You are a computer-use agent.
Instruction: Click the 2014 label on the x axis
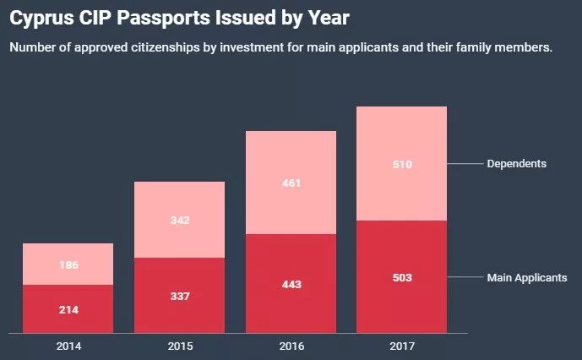68,346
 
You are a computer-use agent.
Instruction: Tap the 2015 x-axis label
179,346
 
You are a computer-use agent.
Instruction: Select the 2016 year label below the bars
291,346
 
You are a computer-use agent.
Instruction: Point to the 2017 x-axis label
402,346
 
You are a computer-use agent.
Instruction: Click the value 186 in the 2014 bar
68,265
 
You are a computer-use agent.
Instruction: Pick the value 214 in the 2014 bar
68,310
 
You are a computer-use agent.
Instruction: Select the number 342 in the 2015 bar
179,221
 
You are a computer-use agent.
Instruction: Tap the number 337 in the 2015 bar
179,297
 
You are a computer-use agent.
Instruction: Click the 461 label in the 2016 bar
291,183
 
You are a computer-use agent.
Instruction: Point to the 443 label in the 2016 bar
291,284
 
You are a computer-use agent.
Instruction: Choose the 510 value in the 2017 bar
402,165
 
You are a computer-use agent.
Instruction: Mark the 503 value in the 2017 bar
402,277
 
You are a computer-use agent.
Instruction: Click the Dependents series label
517,163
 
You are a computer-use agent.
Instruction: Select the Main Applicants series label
527,277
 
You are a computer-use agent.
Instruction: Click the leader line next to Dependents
465,163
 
